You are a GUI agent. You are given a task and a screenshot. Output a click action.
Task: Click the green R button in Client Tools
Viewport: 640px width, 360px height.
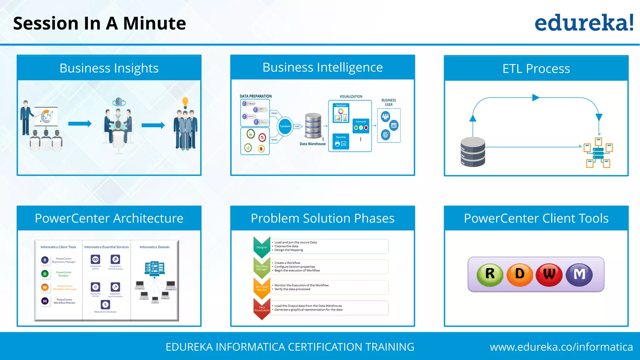tap(490, 274)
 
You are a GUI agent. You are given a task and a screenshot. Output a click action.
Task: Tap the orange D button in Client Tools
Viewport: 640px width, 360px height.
tap(519, 274)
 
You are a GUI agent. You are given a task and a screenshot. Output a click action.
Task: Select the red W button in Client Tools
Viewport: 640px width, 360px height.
tap(549, 274)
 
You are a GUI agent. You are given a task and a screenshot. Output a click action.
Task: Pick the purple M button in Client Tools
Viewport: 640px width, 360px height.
tap(579, 274)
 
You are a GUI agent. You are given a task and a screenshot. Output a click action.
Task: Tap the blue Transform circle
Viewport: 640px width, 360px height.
tap(285, 126)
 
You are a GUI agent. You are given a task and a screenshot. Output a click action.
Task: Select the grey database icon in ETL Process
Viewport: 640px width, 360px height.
tap(473, 152)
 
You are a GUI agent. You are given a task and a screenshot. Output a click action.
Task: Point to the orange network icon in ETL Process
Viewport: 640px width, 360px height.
tap(598, 152)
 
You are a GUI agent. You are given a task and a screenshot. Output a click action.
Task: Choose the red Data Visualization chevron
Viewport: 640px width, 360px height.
tap(262, 309)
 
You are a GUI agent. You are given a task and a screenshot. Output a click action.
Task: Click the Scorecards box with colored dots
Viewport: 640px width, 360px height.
tap(361, 126)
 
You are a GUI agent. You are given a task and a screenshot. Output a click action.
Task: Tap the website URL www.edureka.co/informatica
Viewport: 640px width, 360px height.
tap(561, 347)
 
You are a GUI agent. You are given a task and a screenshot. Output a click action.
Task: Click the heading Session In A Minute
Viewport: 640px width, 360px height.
tap(99, 23)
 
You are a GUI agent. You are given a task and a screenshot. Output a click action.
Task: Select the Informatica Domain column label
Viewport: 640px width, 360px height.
tap(154, 247)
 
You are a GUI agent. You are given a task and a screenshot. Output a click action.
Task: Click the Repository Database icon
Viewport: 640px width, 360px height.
tap(105, 304)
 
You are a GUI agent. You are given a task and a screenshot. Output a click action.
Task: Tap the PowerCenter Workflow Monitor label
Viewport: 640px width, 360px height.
tap(64, 301)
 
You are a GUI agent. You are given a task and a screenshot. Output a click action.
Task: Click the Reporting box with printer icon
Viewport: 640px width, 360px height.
tap(341, 142)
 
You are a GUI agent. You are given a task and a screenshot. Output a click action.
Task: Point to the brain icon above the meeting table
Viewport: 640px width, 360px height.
tap(118, 102)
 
